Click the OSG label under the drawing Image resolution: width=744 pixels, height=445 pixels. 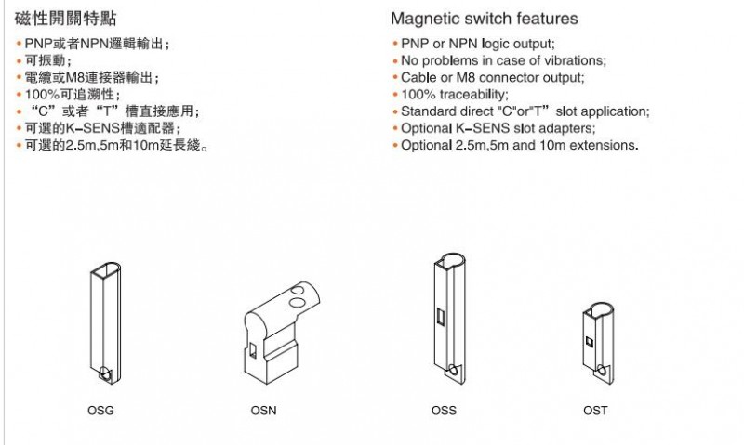100,411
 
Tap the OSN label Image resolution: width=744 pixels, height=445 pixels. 263,411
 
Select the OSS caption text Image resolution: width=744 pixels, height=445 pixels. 444,411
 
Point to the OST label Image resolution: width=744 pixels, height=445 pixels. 595,411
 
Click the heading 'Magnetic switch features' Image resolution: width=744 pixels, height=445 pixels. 485,19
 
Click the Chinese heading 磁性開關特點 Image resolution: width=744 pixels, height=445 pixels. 65,19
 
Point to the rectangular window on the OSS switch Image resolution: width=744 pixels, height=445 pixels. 440,317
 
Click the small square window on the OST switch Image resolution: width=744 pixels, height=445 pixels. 590,342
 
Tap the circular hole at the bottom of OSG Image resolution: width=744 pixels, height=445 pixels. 105,373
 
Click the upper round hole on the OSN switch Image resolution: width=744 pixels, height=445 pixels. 299,290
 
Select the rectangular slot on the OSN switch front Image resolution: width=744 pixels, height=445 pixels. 252,350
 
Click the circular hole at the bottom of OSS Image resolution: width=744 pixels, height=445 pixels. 453,369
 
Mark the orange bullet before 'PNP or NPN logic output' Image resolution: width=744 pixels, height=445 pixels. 394,44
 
